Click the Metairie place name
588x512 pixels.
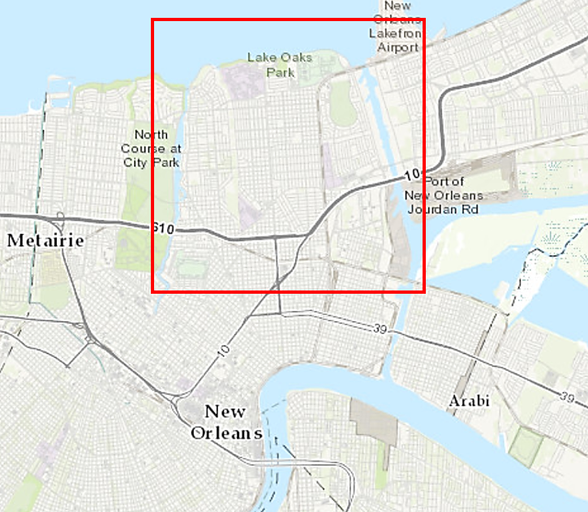(x=47, y=241)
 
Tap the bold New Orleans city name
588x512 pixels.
(x=226, y=422)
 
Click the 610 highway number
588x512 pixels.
(x=163, y=230)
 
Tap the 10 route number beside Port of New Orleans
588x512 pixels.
(x=413, y=174)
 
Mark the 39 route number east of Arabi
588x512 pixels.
(x=568, y=398)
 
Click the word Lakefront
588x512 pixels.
(x=397, y=33)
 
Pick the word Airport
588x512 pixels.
(x=397, y=47)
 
